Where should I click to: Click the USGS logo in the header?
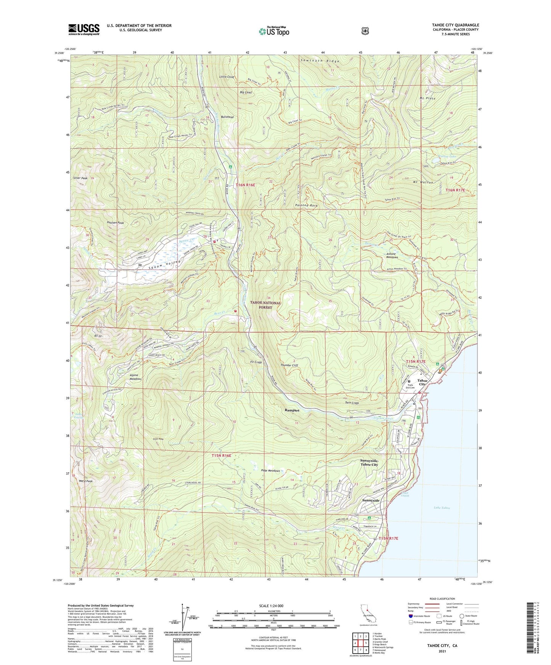84,29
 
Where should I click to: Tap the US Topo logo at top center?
274,31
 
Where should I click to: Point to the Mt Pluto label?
427,98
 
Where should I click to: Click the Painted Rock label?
306,205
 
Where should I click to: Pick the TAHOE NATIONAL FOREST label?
265,305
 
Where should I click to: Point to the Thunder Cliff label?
289,365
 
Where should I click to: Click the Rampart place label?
292,411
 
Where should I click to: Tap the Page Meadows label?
271,471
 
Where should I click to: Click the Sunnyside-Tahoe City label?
369,462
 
